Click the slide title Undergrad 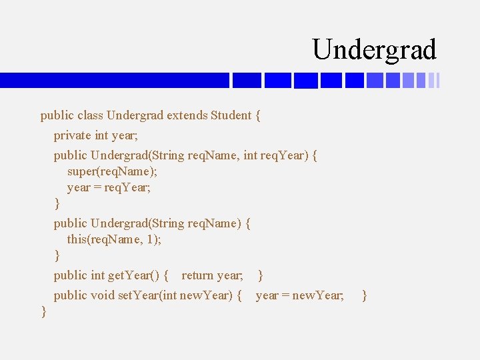(374, 50)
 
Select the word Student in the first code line (231, 115)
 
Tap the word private (72, 135)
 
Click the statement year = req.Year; (109, 187)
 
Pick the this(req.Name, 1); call (114, 239)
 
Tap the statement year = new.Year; (300, 295)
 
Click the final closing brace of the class (44, 311)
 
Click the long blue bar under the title (114, 80)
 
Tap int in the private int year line (101, 135)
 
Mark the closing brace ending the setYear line (364, 295)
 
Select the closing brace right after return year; (260, 275)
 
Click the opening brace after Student (258, 115)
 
